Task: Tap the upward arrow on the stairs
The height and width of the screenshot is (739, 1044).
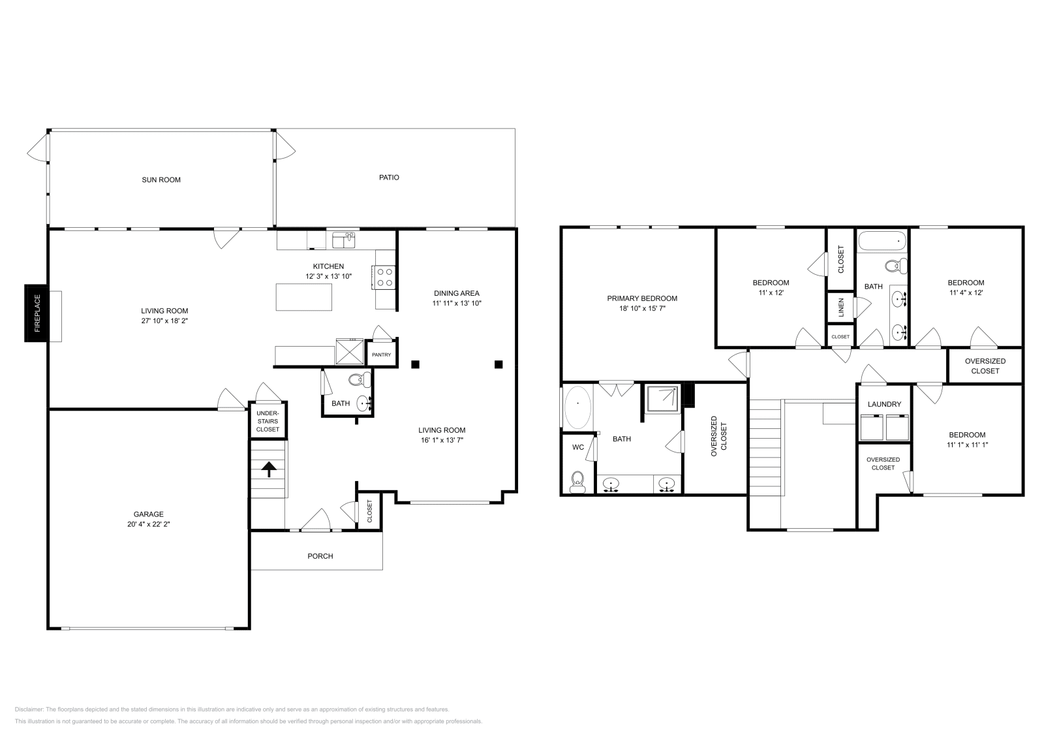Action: tap(268, 467)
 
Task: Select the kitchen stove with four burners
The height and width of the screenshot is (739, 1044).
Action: tap(384, 276)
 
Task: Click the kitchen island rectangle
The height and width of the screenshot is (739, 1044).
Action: tap(303, 297)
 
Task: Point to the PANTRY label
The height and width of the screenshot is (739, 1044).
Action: tap(381, 354)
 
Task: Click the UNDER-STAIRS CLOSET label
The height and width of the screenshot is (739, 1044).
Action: tap(268, 421)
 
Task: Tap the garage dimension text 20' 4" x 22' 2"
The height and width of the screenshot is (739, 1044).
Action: tap(149, 524)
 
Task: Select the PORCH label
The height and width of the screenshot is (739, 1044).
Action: tap(320, 556)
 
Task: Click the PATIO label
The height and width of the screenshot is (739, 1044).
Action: tap(389, 178)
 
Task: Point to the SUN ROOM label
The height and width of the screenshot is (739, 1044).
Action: tap(161, 180)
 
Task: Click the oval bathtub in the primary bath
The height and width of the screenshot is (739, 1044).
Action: tap(577, 407)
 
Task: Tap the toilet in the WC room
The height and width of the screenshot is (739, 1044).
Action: tap(577, 481)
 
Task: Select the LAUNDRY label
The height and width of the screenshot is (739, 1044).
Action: tap(884, 404)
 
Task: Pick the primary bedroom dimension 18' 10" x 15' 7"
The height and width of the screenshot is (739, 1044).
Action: tap(642, 308)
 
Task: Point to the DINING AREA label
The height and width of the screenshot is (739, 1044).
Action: tap(457, 293)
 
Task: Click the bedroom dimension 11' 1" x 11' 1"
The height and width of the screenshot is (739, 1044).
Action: tap(967, 445)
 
